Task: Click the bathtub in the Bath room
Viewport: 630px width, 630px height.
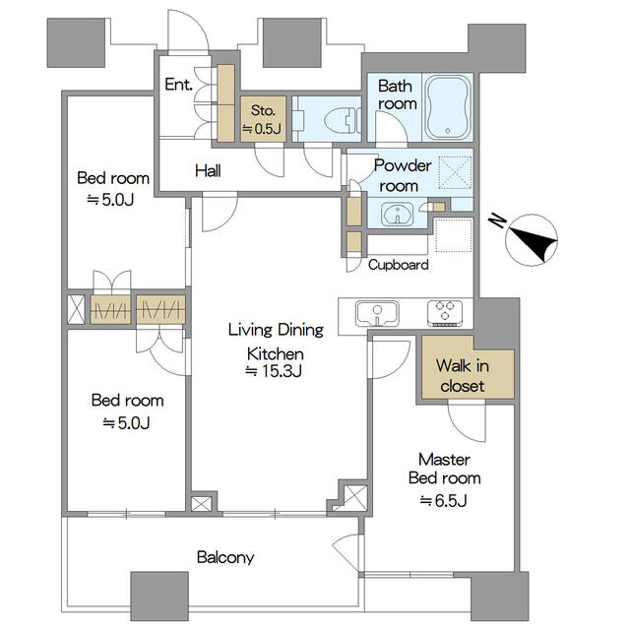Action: [448, 107]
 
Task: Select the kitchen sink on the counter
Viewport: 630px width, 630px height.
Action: [377, 314]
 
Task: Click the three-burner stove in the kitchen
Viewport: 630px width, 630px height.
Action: [445, 313]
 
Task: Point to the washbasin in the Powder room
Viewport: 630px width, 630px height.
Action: [398, 214]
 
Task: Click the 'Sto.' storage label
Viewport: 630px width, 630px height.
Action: [263, 110]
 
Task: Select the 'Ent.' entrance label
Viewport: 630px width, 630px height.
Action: [179, 85]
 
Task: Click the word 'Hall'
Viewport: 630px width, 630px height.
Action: [208, 171]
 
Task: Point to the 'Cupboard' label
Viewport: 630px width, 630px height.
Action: [398, 265]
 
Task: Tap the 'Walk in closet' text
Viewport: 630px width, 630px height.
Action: [463, 376]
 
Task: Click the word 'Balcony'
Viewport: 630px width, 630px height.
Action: [225, 558]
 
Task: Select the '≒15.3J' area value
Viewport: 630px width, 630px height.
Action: [274, 371]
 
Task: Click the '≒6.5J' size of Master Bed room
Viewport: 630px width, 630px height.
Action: [444, 501]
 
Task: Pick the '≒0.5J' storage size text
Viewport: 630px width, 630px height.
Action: [261, 129]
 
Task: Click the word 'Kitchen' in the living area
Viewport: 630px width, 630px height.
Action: [276, 354]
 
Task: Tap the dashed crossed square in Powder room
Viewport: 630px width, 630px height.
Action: [455, 172]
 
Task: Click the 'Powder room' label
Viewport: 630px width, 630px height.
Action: [403, 175]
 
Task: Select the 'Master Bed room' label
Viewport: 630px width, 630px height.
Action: [444, 469]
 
